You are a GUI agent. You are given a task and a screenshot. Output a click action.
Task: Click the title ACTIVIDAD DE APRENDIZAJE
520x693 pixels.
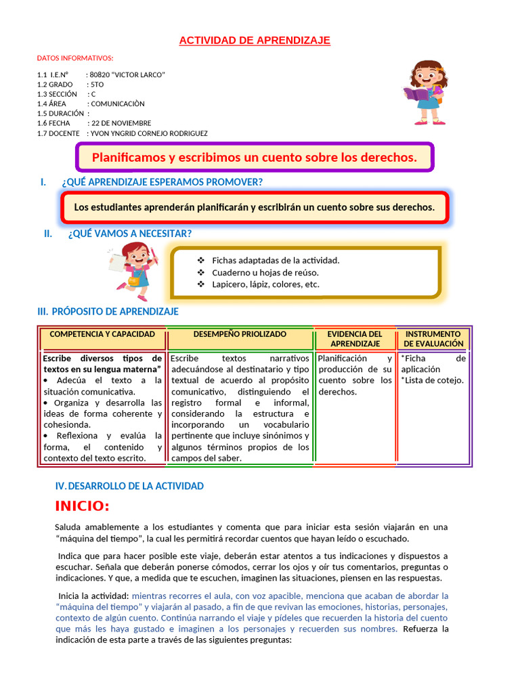point(255,41)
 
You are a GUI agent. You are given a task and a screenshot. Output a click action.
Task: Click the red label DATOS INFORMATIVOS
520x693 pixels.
point(75,58)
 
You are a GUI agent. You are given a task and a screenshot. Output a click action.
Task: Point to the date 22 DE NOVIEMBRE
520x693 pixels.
point(121,123)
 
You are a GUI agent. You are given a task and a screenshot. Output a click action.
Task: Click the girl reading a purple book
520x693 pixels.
point(425,92)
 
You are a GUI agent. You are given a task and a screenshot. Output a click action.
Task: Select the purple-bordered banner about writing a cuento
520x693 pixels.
point(254,158)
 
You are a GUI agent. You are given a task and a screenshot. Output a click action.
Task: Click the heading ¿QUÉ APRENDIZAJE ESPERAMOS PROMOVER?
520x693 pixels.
point(162,182)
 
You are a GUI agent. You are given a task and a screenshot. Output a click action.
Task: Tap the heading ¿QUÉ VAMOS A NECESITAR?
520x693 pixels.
point(129,233)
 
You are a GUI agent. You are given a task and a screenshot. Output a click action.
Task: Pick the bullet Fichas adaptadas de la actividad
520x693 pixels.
point(276,261)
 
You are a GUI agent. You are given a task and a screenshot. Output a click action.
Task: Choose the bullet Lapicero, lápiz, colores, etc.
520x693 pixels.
point(265,284)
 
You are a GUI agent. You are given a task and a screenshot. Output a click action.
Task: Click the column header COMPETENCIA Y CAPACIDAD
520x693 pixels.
point(102,334)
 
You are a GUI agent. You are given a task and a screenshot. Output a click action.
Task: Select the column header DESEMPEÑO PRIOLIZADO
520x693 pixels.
point(240,334)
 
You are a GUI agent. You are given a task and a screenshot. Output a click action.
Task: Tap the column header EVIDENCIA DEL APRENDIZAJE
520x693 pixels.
point(355,339)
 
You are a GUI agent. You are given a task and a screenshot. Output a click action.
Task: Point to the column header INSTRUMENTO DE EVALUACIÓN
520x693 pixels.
point(433,339)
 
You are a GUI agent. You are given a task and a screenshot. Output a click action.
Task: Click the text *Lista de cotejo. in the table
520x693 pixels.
point(432,380)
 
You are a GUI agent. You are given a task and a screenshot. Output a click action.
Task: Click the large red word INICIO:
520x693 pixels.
point(82,506)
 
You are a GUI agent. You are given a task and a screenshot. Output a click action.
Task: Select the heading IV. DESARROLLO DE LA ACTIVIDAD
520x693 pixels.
point(129,486)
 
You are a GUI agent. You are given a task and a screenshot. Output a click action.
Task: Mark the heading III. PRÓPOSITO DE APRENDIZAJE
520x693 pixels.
point(108,311)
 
